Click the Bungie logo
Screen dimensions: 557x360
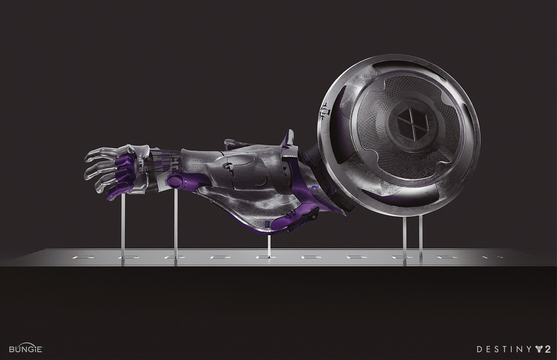pos(26,349)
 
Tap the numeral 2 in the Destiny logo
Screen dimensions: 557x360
pos(547,349)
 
